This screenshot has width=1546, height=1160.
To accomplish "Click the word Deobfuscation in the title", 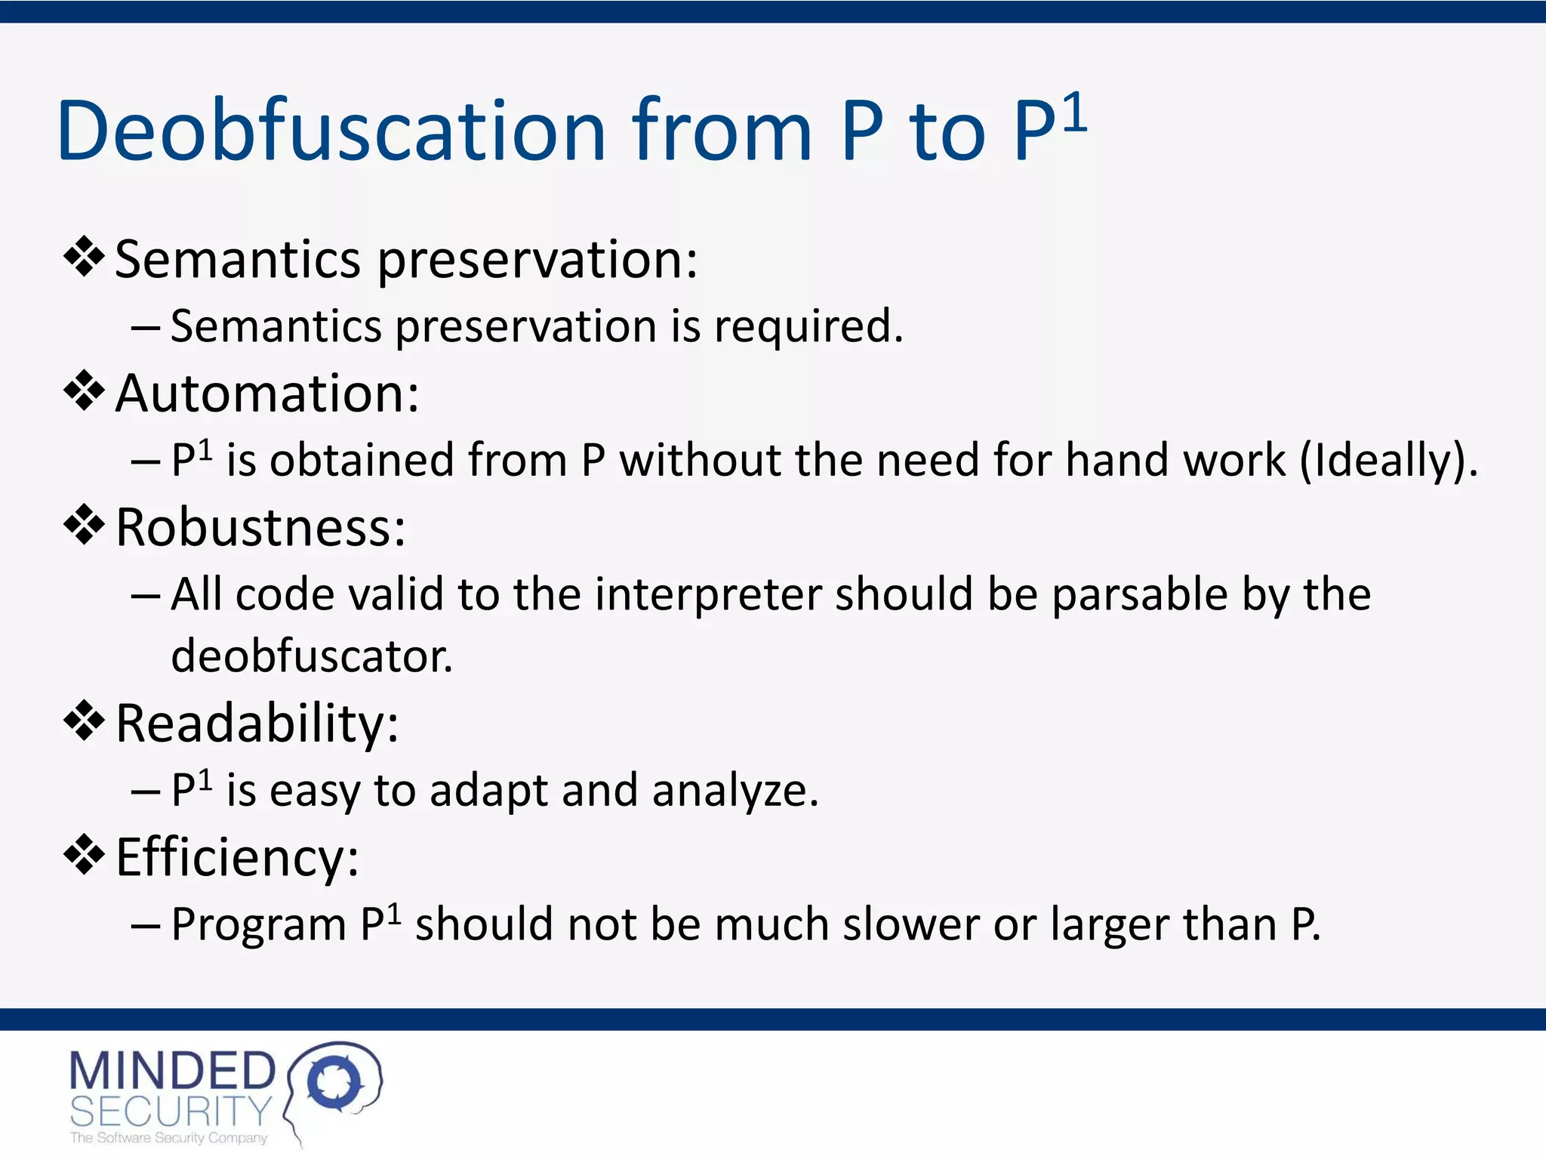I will click(x=331, y=131).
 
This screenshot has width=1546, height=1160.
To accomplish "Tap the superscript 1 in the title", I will click(x=1074, y=113).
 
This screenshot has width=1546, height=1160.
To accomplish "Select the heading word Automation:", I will click(x=267, y=393).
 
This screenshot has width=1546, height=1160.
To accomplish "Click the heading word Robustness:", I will click(x=260, y=527).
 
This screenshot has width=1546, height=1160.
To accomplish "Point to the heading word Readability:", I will click(x=257, y=723).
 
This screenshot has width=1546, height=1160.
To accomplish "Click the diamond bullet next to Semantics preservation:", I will click(x=84, y=258).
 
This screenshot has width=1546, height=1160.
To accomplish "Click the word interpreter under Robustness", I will click(x=707, y=594).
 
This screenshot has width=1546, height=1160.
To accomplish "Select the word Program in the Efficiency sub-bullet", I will click(x=258, y=926).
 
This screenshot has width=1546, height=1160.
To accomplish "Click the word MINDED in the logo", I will click(x=172, y=1071).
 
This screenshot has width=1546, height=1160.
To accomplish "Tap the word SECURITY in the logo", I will click(x=171, y=1111).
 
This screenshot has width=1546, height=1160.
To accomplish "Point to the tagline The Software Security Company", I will click(x=168, y=1138).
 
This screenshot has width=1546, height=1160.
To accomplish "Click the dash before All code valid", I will click(x=145, y=596).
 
